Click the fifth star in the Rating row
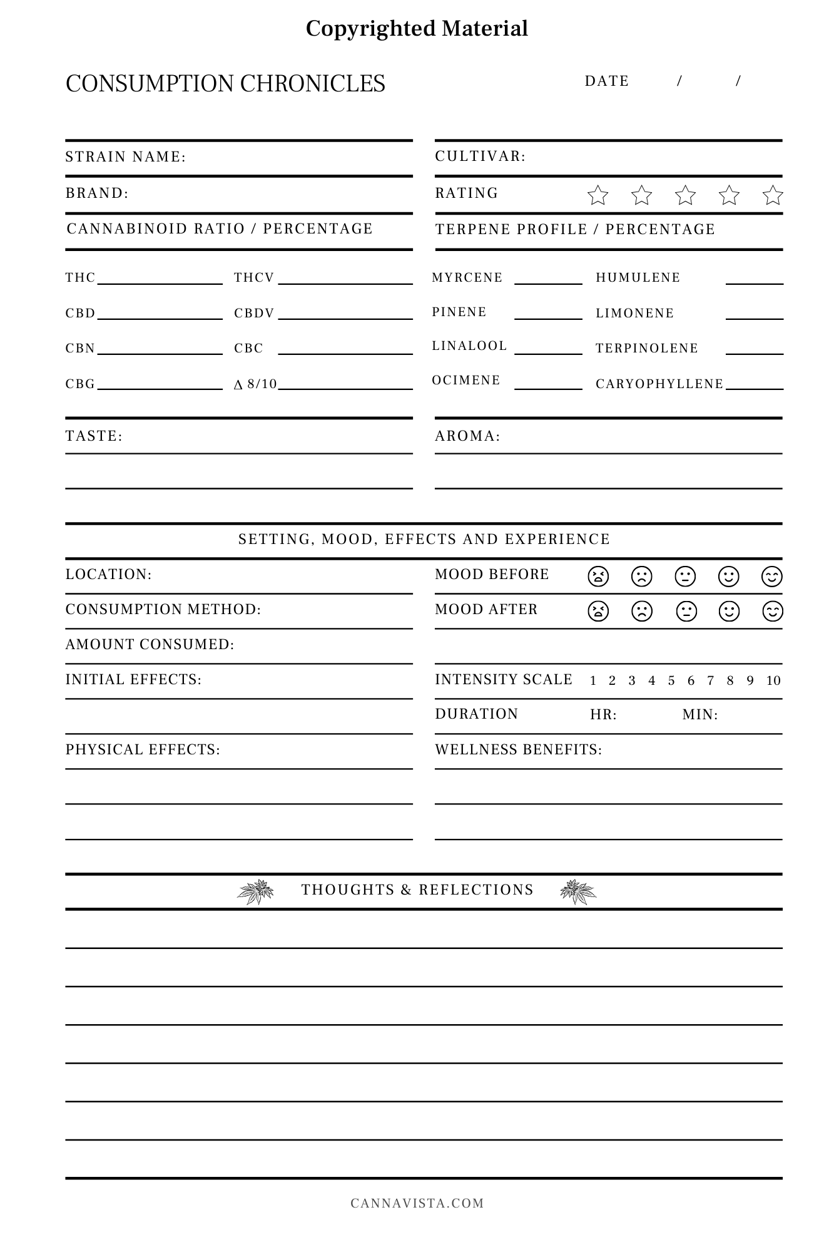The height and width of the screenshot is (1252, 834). click(773, 195)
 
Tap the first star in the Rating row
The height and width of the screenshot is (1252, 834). click(598, 195)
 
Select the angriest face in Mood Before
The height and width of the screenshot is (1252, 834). click(598, 576)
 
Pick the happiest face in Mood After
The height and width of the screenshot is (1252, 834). click(773, 611)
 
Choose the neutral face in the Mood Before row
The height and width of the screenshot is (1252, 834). click(686, 576)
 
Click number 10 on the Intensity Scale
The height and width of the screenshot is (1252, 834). click(773, 680)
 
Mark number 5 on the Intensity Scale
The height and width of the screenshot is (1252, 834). click(671, 680)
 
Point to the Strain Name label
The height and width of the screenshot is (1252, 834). click(126, 156)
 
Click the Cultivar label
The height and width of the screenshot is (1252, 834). click(481, 156)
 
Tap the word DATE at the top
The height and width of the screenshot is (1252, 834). click(607, 81)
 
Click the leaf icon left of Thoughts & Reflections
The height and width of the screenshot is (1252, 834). click(256, 891)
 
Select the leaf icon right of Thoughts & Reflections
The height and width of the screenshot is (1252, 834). click(578, 891)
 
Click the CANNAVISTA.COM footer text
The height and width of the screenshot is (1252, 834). click(417, 1203)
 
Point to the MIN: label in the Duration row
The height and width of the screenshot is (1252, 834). click(700, 714)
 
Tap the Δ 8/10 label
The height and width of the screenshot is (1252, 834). click(255, 384)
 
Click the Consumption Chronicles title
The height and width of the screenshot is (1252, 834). click(225, 84)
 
